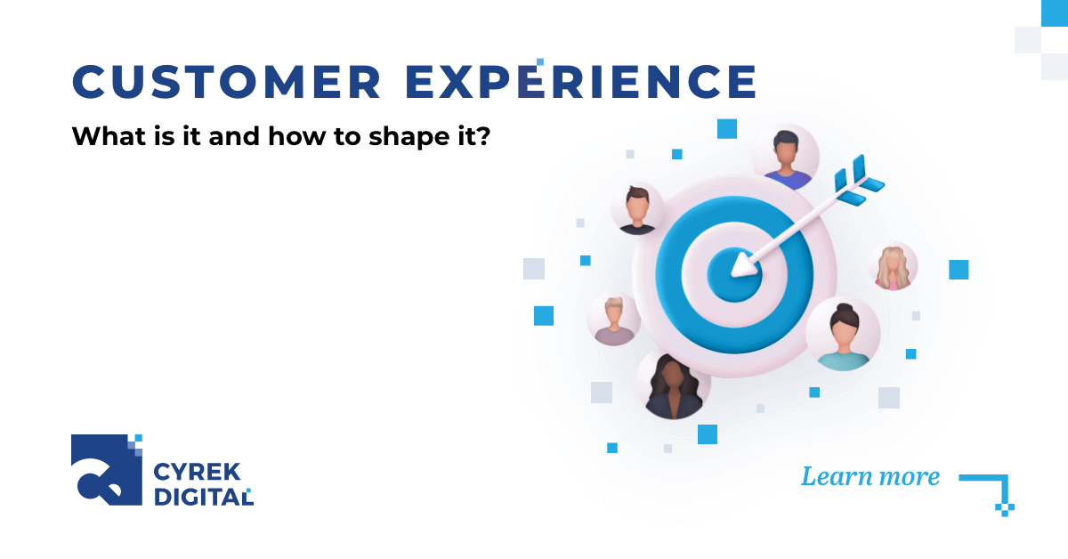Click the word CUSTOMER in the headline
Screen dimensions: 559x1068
[226, 82]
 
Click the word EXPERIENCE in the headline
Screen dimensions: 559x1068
[580, 82]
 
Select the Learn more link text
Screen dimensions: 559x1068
[870, 476]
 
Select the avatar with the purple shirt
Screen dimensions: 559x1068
[785, 157]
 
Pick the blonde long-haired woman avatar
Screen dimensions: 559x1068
[893, 265]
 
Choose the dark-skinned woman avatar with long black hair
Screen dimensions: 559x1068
[673, 385]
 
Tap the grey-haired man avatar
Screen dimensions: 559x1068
[614, 319]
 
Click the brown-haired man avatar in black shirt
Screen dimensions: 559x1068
[637, 209]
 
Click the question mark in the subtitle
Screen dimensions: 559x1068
[482, 137]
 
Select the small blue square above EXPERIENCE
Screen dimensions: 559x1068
[540, 61]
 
